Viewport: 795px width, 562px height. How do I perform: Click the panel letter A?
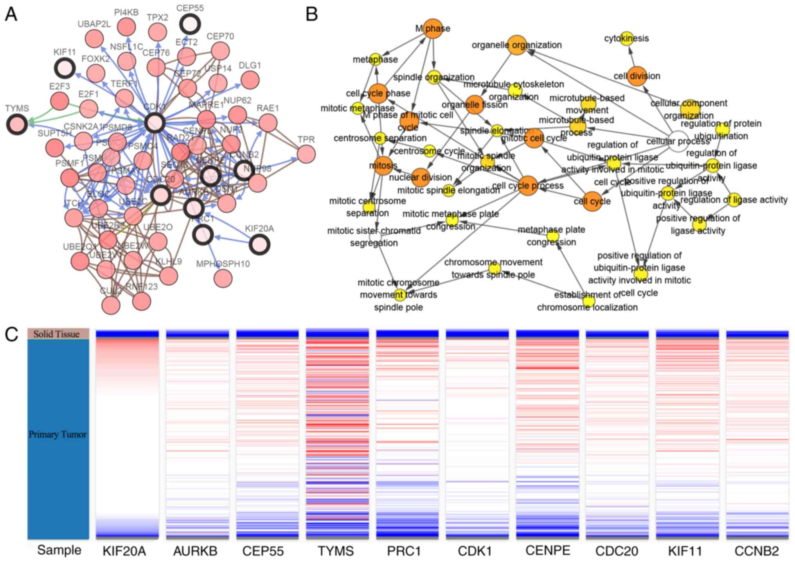click(x=11, y=14)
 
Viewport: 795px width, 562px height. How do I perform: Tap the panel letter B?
click(x=311, y=14)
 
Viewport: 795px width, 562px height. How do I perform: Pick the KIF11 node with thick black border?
click(x=65, y=68)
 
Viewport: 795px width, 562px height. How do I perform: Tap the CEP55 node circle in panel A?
click(x=190, y=24)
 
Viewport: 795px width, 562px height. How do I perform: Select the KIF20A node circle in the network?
click(x=259, y=245)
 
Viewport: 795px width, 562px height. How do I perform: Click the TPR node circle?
click(x=306, y=154)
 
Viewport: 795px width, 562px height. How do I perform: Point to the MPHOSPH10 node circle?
click(x=223, y=278)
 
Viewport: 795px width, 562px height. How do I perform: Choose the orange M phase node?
click(x=433, y=29)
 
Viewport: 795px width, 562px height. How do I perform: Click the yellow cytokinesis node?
click(x=627, y=38)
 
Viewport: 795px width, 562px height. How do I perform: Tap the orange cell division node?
click(x=637, y=76)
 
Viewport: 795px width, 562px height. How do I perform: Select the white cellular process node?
click(x=678, y=141)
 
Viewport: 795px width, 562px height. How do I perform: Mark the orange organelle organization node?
click(x=517, y=45)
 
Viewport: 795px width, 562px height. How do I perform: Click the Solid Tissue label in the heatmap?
click(x=57, y=334)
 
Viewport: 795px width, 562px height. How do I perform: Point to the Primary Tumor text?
click(x=58, y=434)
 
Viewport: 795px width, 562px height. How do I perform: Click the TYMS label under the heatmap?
click(x=336, y=551)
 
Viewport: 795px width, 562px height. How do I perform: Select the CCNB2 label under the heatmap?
click(x=757, y=551)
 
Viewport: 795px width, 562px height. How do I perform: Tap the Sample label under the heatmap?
click(x=59, y=550)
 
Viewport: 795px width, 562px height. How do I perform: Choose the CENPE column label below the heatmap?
click(x=547, y=550)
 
